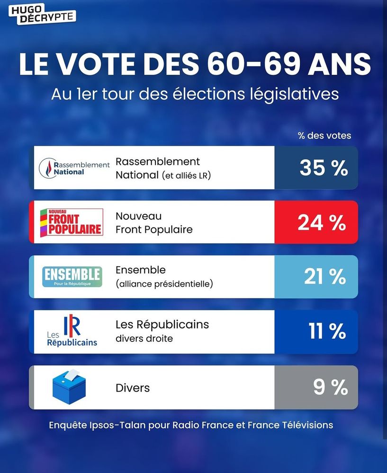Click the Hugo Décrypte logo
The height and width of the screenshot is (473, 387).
click(x=42, y=13)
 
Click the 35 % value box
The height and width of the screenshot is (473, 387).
click(x=316, y=168)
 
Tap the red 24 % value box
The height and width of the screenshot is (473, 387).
click(x=316, y=222)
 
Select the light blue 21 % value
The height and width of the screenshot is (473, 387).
click(x=316, y=277)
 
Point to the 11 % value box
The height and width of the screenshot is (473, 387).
click(x=316, y=332)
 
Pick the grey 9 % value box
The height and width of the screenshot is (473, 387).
click(x=316, y=387)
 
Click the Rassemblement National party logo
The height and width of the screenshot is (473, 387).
click(x=74, y=168)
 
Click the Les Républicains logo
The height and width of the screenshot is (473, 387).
click(x=72, y=332)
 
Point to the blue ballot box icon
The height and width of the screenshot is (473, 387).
click(x=71, y=386)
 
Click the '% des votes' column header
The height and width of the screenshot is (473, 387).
click(x=324, y=136)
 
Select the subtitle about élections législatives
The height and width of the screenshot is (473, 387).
click(x=195, y=93)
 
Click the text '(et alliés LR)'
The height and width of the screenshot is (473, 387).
click(x=186, y=175)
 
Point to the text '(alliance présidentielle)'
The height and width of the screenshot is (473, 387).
click(x=164, y=284)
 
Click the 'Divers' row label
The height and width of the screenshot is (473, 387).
click(x=133, y=388)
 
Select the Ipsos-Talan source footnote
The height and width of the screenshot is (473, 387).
click(x=191, y=425)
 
